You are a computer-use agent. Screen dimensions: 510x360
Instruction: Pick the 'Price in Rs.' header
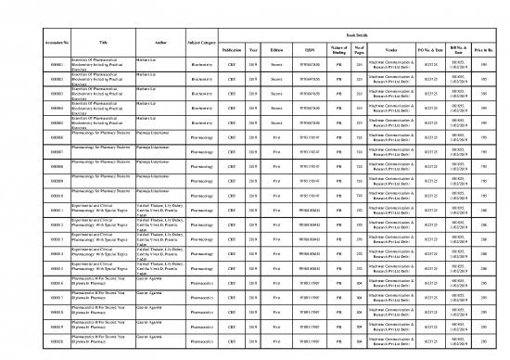[494, 48]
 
